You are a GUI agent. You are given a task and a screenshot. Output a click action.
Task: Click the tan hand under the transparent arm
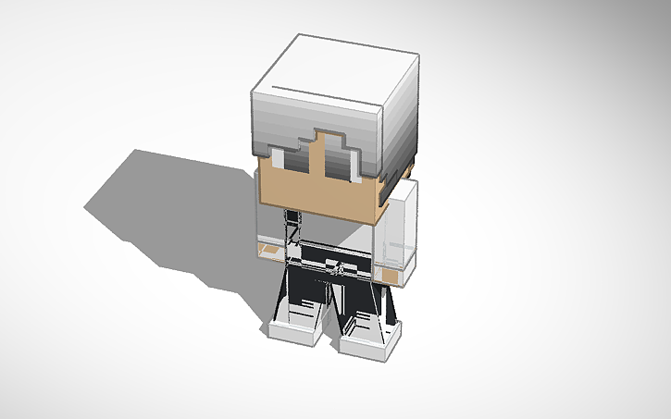click(392, 277)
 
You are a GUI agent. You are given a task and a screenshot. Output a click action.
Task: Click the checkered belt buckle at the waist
click(339, 269)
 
